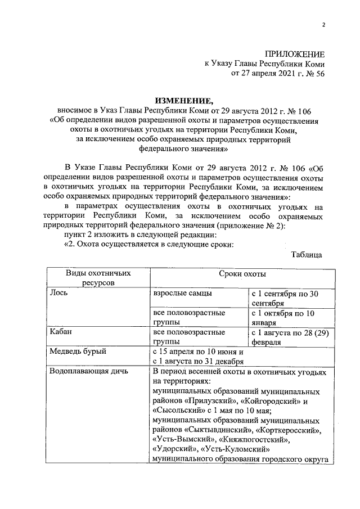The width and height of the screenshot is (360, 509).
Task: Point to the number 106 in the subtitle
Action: (291, 110)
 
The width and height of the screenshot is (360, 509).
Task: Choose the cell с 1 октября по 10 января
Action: (287, 318)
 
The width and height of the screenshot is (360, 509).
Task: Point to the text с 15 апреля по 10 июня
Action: (195, 352)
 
